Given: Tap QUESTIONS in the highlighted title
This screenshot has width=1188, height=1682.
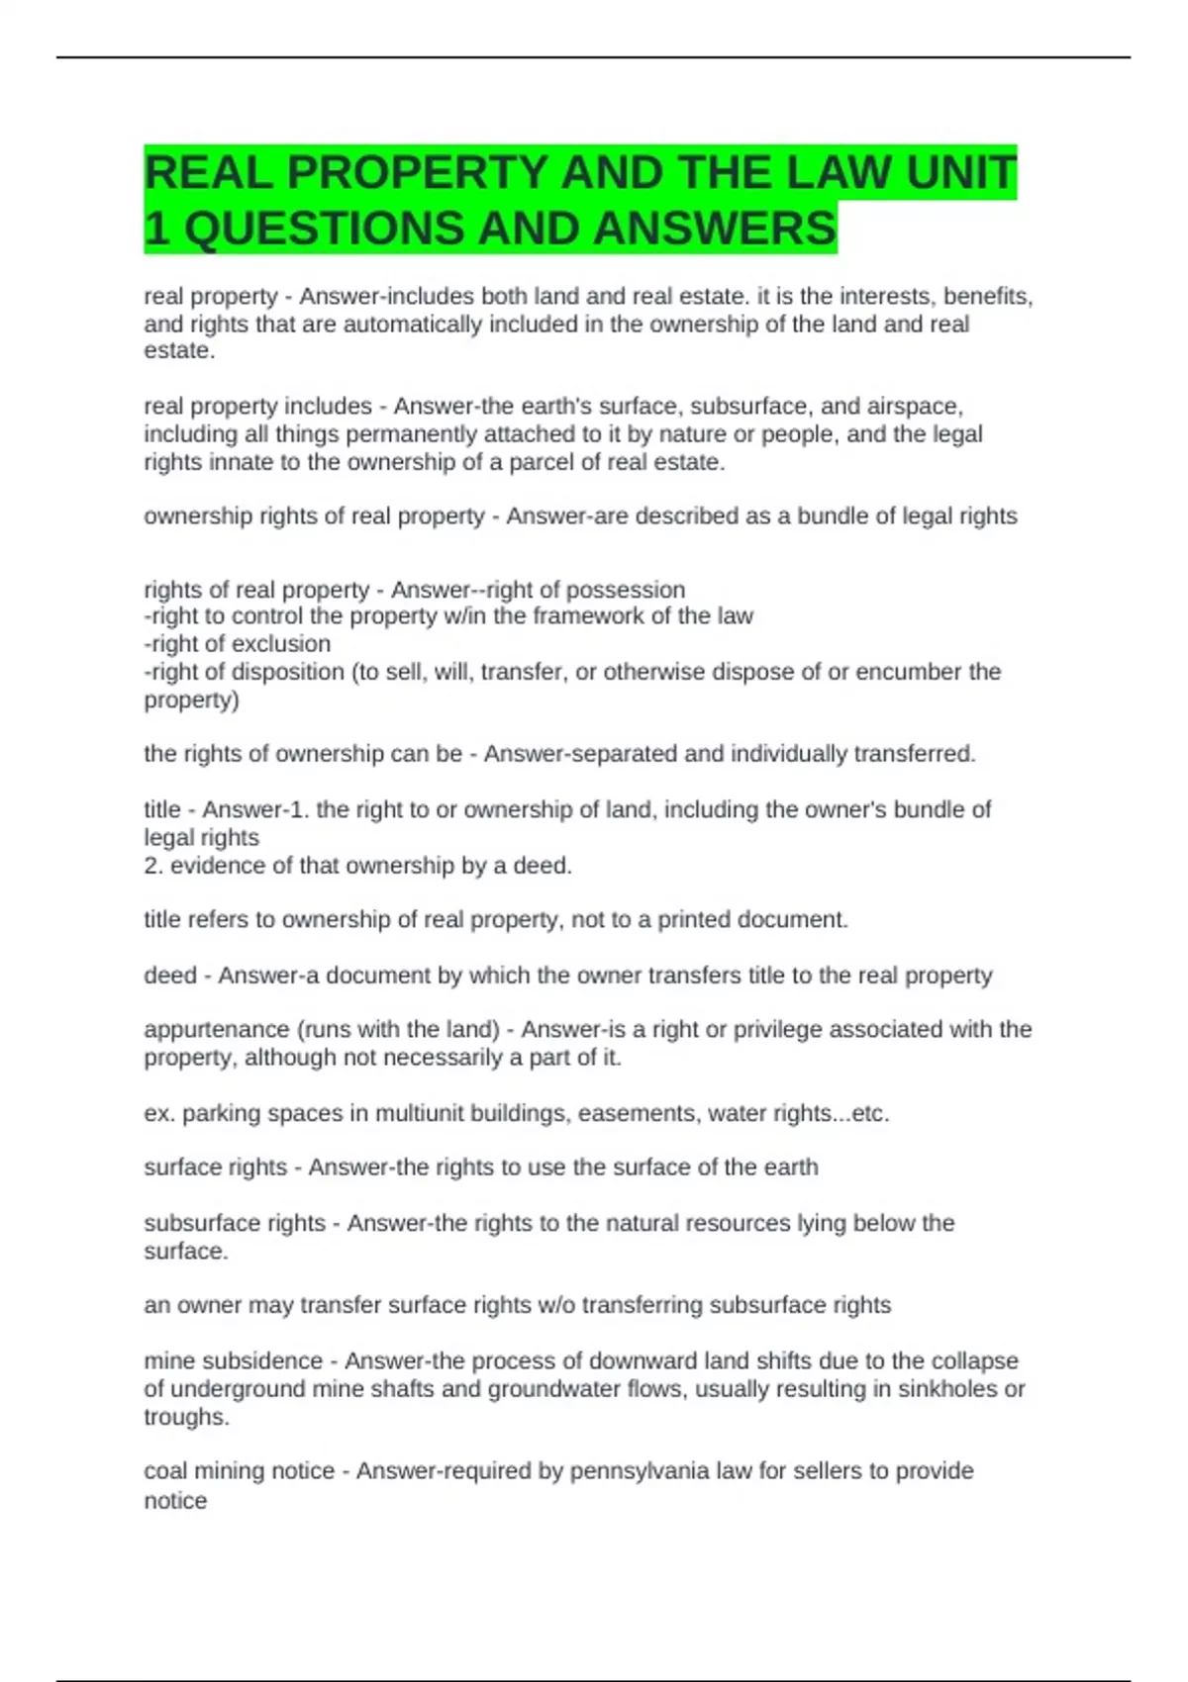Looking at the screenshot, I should (x=324, y=229).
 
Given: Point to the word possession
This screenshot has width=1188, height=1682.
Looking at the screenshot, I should (x=631, y=590).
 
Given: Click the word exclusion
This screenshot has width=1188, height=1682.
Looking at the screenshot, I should (x=280, y=644).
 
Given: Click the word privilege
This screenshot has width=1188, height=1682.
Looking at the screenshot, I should (x=776, y=1030).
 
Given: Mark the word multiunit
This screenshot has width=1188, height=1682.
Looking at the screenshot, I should (x=422, y=1114).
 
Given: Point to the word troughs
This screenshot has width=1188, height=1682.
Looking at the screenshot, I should (x=184, y=1417).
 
